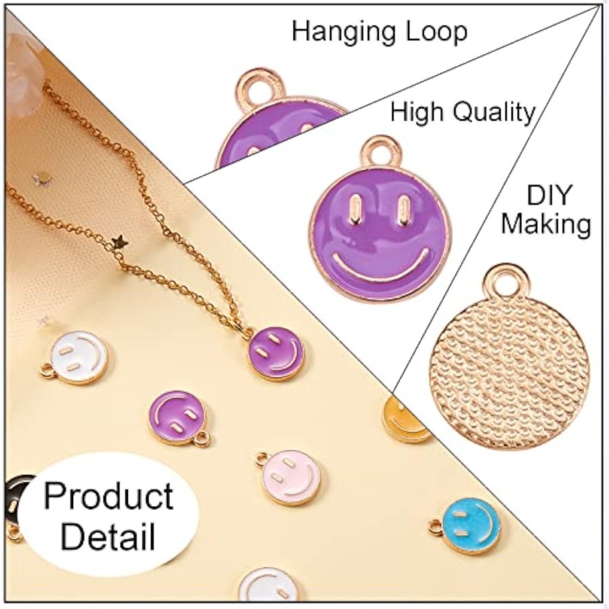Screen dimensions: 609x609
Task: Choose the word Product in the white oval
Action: [x=109, y=497]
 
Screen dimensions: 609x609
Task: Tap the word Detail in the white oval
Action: [x=108, y=536]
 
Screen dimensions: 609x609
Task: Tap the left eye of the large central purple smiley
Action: [x=355, y=210]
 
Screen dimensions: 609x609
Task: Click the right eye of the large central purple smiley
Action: [x=403, y=210]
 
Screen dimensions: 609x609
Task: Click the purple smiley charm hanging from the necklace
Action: [x=275, y=353]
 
